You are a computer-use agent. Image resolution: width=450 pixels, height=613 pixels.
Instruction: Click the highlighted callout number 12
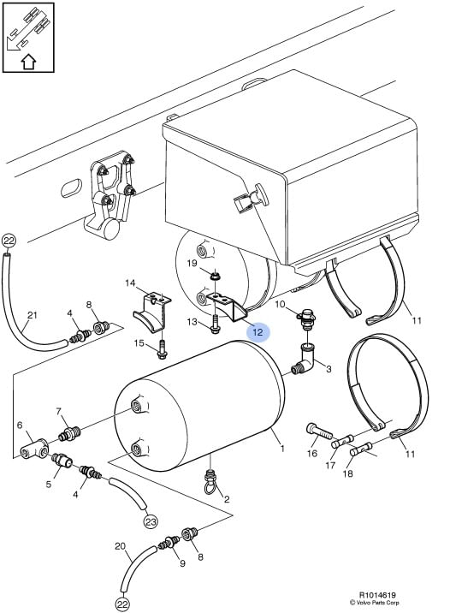[x=258, y=332]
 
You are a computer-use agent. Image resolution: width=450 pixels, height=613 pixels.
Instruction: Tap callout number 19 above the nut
[x=192, y=263]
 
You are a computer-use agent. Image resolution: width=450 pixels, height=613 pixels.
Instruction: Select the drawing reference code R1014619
[x=375, y=596]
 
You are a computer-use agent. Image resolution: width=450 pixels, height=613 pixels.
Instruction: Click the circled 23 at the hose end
[x=151, y=521]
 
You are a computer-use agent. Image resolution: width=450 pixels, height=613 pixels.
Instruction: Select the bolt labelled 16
[x=319, y=431]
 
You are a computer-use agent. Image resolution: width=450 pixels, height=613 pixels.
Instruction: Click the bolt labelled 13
[x=216, y=324]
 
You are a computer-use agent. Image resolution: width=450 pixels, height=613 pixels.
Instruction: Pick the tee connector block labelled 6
[x=34, y=449]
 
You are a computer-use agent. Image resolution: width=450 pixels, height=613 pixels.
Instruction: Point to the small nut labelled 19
[x=214, y=277]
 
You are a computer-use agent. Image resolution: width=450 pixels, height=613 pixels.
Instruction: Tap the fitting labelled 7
[x=69, y=433]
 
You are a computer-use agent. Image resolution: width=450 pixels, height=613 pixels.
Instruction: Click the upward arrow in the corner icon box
[x=28, y=62]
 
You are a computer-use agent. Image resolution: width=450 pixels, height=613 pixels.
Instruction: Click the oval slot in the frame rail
[x=72, y=188]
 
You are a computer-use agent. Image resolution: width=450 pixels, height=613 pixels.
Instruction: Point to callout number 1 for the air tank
[x=282, y=449]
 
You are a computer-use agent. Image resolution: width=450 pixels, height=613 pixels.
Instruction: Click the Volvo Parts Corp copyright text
[x=374, y=603]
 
